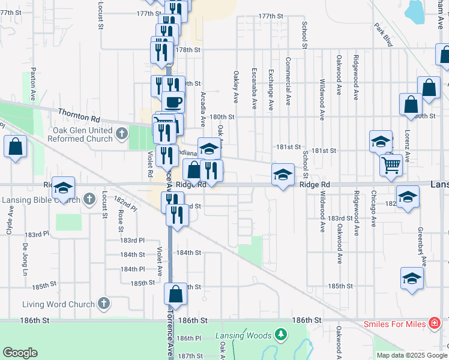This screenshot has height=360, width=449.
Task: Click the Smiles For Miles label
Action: click(394, 324)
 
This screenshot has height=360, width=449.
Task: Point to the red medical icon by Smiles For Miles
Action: click(433, 324)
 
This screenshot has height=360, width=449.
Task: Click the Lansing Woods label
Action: click(243, 336)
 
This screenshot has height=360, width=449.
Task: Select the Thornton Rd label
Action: click(79, 112)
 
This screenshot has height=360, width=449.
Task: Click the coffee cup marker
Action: click(173, 101)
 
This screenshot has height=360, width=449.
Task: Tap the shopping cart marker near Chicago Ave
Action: click(391, 163)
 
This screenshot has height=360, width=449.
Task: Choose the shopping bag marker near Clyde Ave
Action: click(15, 146)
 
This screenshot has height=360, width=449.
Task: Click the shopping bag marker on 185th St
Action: click(175, 294)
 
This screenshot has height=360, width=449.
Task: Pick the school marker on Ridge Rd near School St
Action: click(283, 175)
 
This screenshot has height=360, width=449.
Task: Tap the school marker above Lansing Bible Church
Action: click(62, 188)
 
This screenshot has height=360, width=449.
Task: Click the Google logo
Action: click(20, 353)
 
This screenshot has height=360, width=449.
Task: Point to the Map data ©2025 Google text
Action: click(411, 355)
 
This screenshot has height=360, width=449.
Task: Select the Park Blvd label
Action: click(383, 35)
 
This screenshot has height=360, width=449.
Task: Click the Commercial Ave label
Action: click(288, 79)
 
